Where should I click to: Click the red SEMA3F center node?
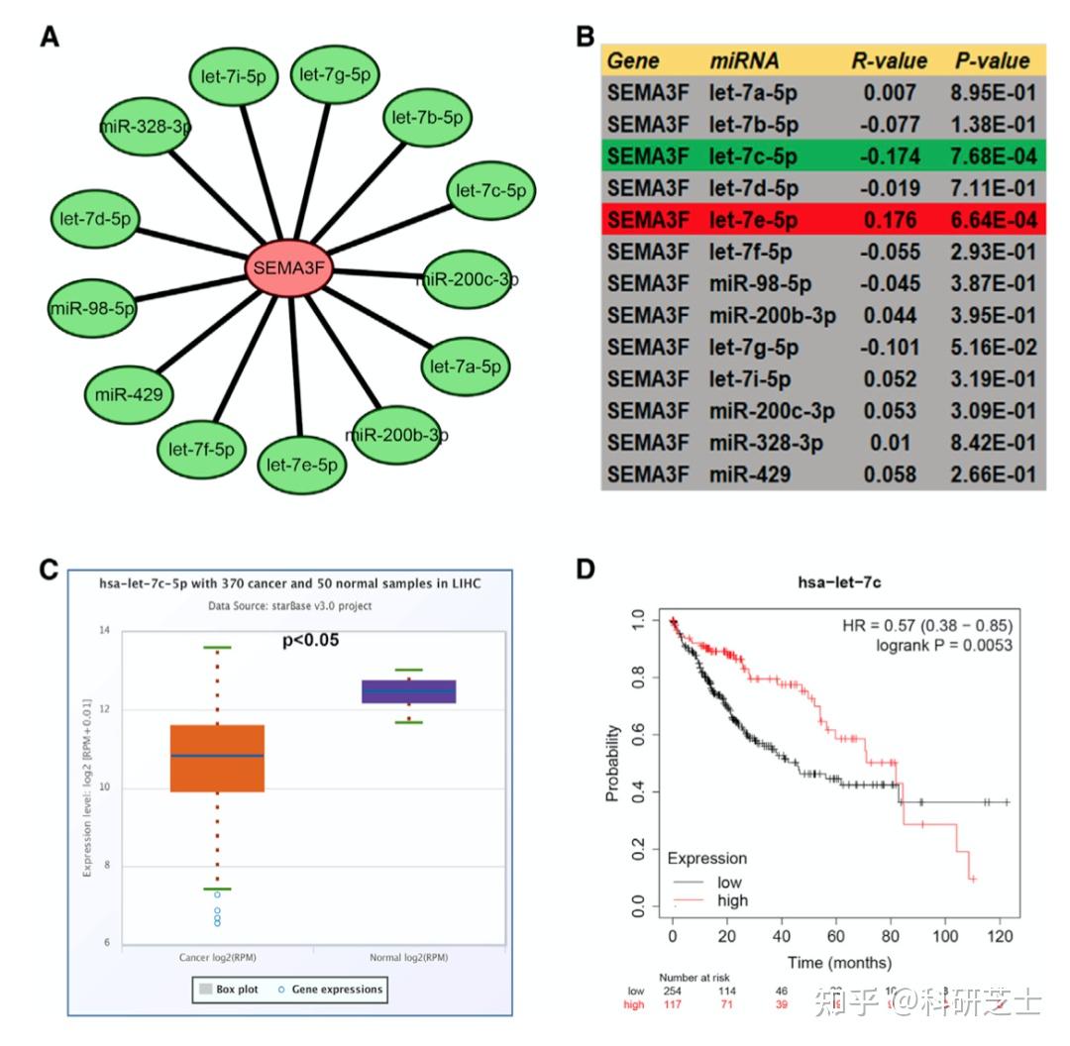pyautogui.click(x=290, y=268)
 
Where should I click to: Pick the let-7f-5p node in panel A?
pyautogui.click(x=201, y=449)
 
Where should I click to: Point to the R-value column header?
pyautogui.click(x=889, y=61)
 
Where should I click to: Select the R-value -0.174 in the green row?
pyautogui.click(x=889, y=157)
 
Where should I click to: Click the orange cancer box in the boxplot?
pyautogui.click(x=218, y=758)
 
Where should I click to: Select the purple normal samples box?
pyautogui.click(x=408, y=690)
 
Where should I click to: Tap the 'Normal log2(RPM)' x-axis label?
pyautogui.click(x=407, y=958)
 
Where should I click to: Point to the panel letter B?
pyautogui.click(x=585, y=37)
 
